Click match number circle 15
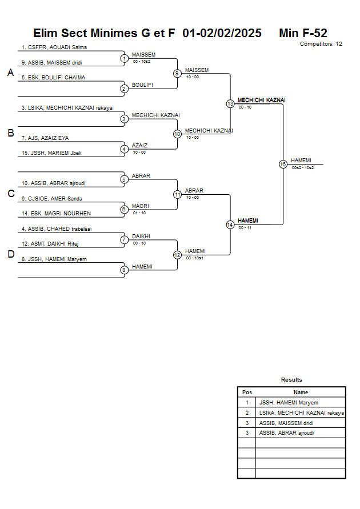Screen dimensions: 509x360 click(x=283, y=164)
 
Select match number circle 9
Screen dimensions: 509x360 click(x=177, y=73)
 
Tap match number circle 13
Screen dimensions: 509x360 click(x=230, y=104)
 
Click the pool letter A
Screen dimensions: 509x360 click(x=10, y=73)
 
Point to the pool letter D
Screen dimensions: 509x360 click(x=10, y=255)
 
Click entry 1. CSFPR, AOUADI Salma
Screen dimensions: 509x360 click(x=54, y=47)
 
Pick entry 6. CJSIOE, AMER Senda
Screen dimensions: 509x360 click(x=51, y=198)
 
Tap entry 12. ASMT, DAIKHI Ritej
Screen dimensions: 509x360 click(x=49, y=244)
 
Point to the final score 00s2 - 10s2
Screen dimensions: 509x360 click(x=302, y=168)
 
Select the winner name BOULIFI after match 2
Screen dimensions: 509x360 click(x=142, y=85)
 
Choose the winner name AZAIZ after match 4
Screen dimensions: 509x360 click(x=139, y=145)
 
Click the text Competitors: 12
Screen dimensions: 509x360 click(x=321, y=43)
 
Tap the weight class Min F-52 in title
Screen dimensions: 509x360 click(x=303, y=33)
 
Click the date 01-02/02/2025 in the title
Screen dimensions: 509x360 click(x=222, y=33)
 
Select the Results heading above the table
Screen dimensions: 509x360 click(x=291, y=379)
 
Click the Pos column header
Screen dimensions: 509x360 click(x=247, y=392)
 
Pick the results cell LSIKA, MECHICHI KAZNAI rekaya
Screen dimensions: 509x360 click(x=301, y=412)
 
